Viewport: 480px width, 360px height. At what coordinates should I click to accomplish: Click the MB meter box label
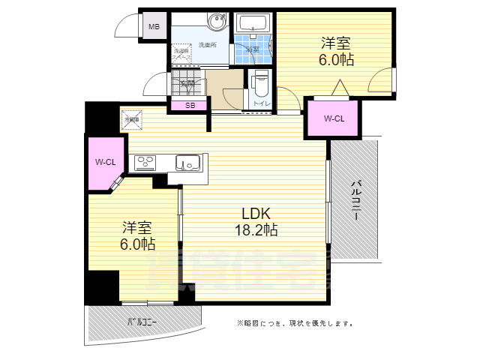point(154,28)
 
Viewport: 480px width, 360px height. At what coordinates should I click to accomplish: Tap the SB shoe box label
point(190,106)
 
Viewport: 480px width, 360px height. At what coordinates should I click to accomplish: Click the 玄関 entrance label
point(187,82)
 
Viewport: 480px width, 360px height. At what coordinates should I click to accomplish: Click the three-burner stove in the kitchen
point(145,162)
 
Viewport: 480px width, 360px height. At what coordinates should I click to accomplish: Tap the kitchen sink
point(187,162)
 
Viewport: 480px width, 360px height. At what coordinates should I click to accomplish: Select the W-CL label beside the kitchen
point(105,163)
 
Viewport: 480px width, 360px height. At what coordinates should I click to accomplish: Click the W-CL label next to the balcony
point(334,118)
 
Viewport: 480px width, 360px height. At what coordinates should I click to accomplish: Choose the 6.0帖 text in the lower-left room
point(136,244)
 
